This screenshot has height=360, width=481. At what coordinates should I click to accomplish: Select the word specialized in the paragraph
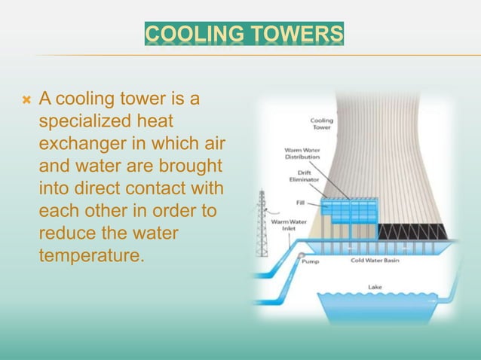[x=78, y=121]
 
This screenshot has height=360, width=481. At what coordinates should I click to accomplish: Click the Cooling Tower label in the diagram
[x=323, y=124]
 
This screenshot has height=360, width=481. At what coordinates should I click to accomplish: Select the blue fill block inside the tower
[x=348, y=209]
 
